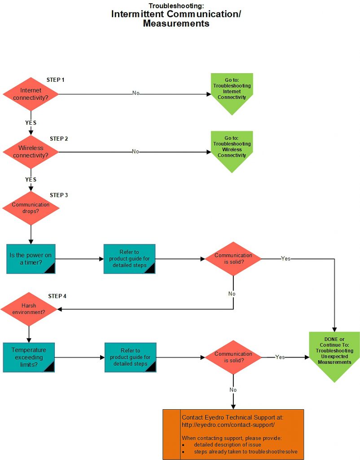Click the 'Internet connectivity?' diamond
pos(31,94)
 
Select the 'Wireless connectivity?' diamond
pos(31,152)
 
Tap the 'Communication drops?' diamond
pos(31,208)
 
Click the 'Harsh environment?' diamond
pos(29,309)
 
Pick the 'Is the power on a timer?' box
pos(31,259)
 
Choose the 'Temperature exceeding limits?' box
pos(29,357)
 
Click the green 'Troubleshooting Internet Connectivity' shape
pos(232,92)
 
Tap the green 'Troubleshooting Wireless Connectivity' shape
pos(232,150)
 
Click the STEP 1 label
pos(56,80)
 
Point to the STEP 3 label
pos(59,195)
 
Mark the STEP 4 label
pos(57,296)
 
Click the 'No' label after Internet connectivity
pos(136,93)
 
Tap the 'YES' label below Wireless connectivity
pos(31,180)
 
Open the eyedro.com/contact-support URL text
pos(228,425)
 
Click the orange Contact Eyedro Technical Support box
pos(233,434)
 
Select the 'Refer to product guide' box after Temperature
pos(131,357)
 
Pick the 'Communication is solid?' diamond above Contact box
pos(233,357)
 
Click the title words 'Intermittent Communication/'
pos(176,14)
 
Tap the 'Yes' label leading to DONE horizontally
pos(280,357)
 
